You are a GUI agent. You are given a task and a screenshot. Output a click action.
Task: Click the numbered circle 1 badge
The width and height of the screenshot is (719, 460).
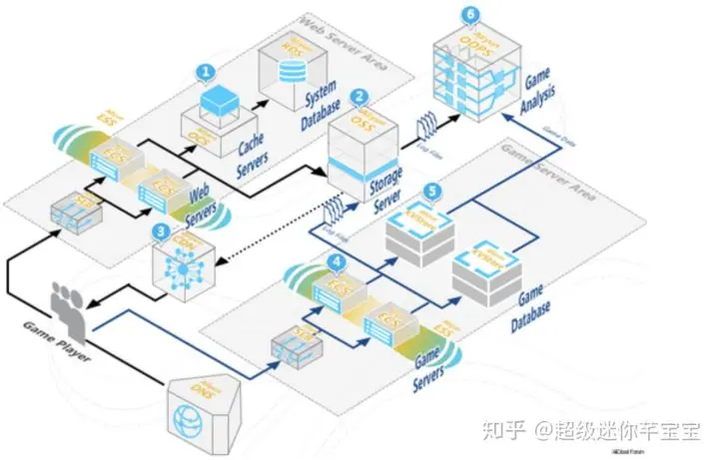pyautogui.click(x=206, y=72)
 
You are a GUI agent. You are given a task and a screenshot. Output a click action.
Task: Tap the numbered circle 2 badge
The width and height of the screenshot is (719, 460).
pyautogui.click(x=359, y=98)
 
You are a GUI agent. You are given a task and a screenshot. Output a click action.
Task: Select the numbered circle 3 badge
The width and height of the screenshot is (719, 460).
pyautogui.click(x=161, y=230)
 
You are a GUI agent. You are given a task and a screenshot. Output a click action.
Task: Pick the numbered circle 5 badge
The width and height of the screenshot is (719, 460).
pyautogui.click(x=431, y=190)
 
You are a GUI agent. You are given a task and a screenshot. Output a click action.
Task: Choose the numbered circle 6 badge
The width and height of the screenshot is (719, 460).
pyautogui.click(x=470, y=15)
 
